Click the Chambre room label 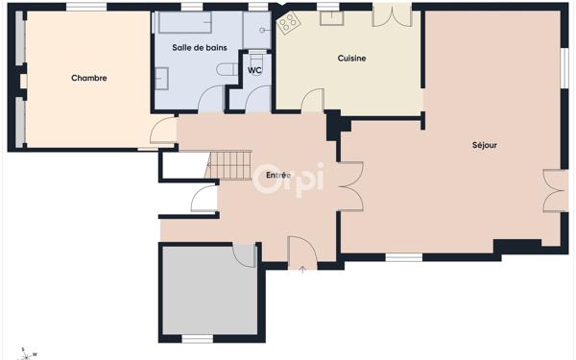pos(89,78)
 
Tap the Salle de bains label pos(200,47)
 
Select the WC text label pos(254,70)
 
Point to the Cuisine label pos(351,58)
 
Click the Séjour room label pos(485,145)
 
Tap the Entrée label pos(278,176)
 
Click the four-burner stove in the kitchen pos(289,22)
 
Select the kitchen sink pos(332,18)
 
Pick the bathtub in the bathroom pos(184,22)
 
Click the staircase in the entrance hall pos(228,165)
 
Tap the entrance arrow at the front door pos(302,270)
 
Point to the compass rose pos(26,355)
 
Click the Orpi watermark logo pos(289,180)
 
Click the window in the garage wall pos(198,338)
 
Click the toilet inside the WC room pos(256,60)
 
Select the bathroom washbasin pos(161,79)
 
